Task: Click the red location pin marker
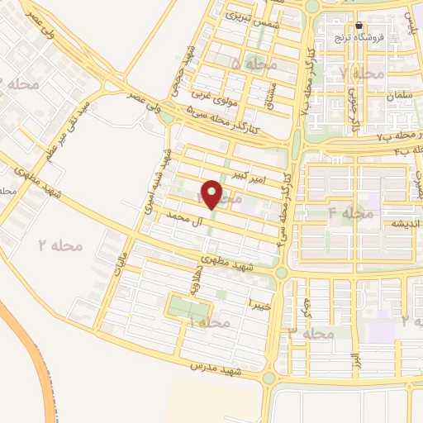pyautogui.click(x=212, y=195)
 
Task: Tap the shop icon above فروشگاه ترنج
pyautogui.click(x=359, y=25)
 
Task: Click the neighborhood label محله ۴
pyautogui.click(x=351, y=213)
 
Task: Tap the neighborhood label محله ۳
pyautogui.click(x=311, y=333)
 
